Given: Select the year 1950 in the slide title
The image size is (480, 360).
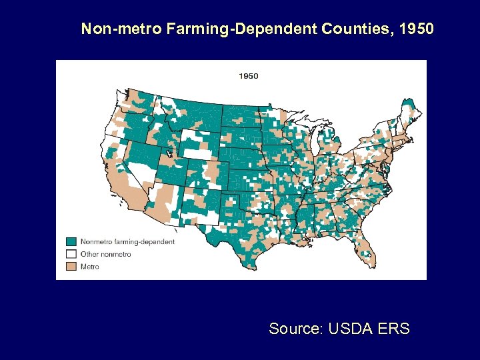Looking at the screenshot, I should pyautogui.click(x=417, y=29).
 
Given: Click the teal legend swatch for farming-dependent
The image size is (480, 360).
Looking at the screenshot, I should pyautogui.click(x=71, y=241).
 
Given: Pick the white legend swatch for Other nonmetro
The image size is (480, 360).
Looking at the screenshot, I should pyautogui.click(x=71, y=254).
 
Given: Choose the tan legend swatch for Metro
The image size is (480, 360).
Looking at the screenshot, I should pyautogui.click(x=71, y=267).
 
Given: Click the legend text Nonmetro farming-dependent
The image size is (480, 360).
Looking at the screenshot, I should pyautogui.click(x=127, y=241).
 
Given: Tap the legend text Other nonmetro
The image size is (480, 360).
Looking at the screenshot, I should pyautogui.click(x=105, y=254).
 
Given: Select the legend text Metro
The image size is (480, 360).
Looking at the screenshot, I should pyautogui.click(x=89, y=267).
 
